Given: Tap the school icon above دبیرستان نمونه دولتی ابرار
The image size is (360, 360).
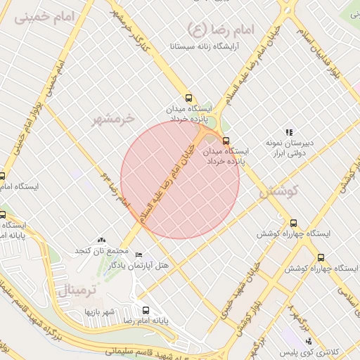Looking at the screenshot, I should pos(288,132).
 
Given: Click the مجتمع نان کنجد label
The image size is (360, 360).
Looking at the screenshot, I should pos(103,251).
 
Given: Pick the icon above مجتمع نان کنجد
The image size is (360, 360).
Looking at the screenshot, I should pos(103,240).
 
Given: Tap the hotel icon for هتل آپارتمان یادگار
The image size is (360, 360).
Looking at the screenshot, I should pos(139,255).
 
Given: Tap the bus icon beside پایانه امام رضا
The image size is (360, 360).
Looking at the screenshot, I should pos(146,310).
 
